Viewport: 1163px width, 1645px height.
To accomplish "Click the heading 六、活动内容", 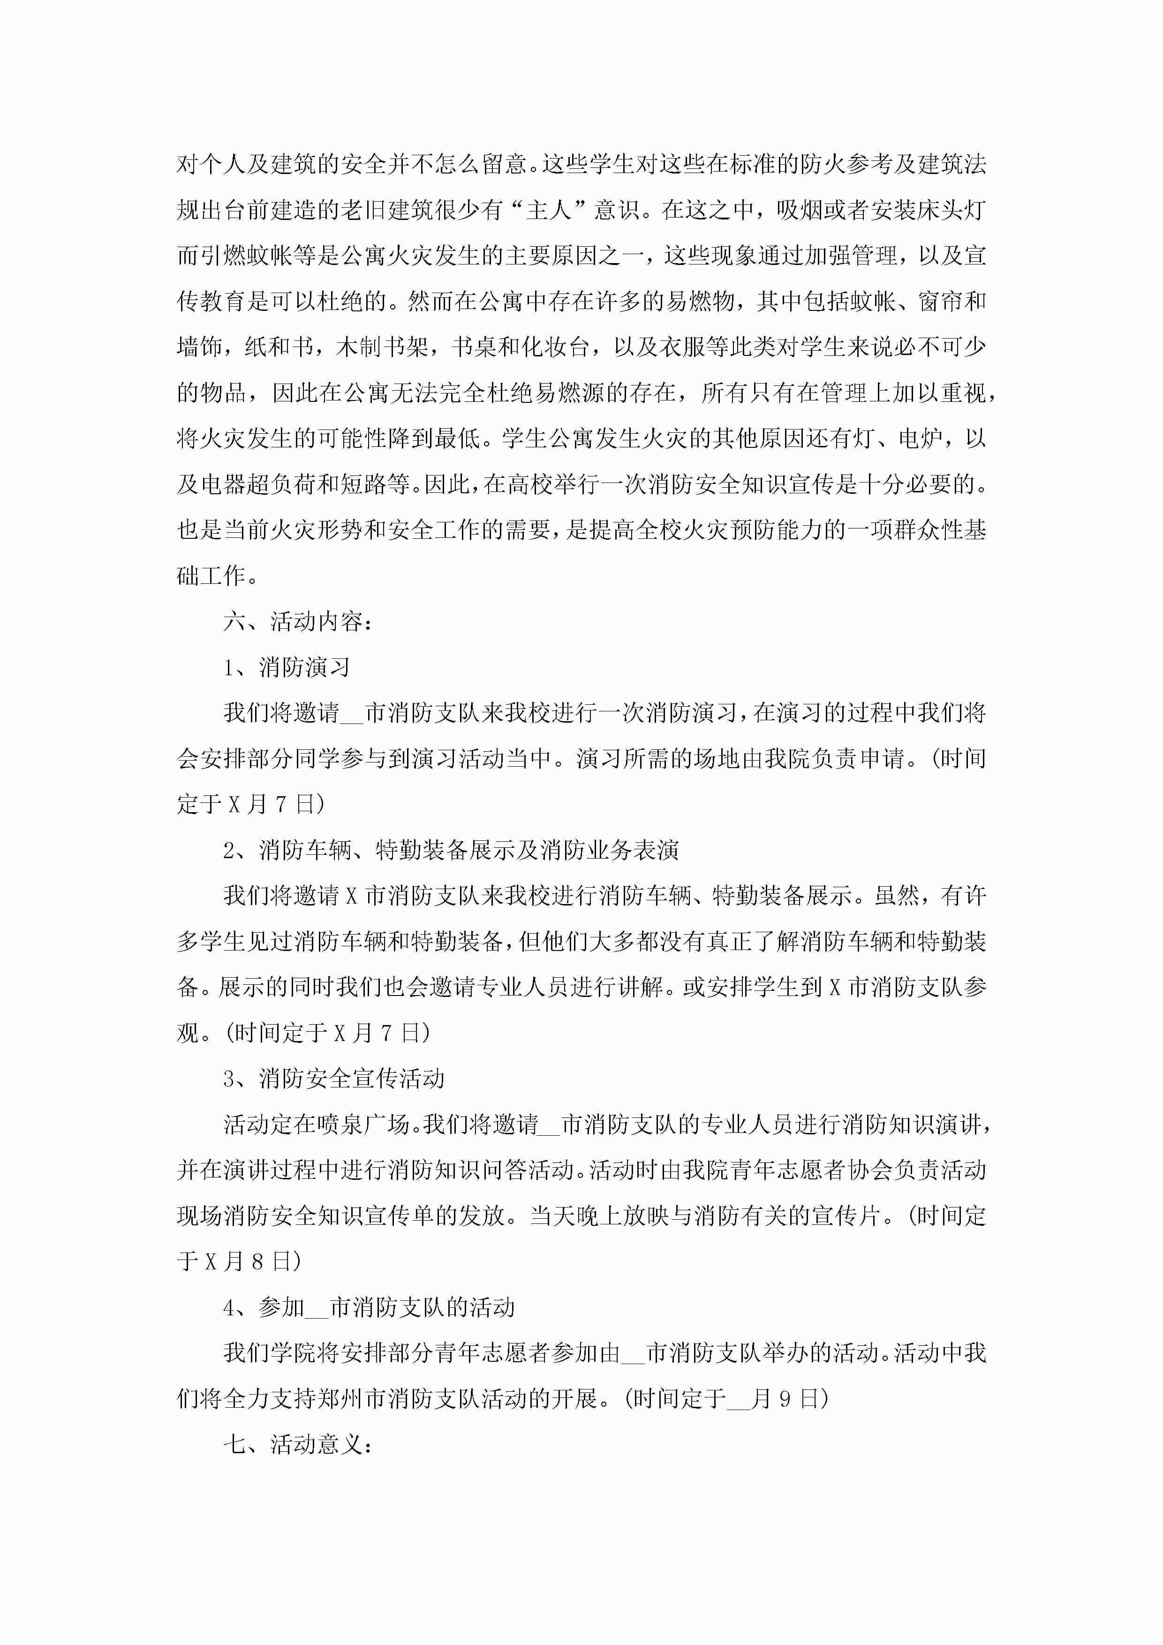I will tap(297, 621).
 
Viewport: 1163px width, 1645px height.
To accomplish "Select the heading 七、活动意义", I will tap(297, 1444).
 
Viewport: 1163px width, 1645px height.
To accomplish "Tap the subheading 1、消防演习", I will tap(287, 667).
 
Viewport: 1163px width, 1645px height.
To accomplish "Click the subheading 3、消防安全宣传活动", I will tap(334, 1078).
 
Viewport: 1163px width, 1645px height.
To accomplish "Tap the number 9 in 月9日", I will tap(785, 1398).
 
